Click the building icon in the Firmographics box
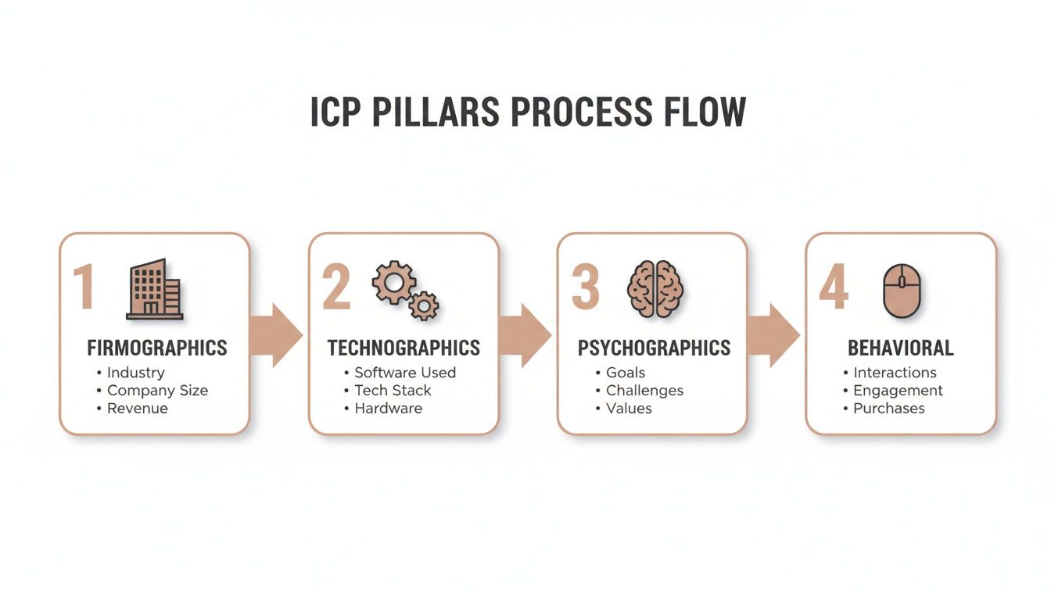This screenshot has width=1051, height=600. point(155,289)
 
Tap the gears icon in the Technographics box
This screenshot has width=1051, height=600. point(405,290)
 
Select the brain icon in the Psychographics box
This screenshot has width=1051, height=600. point(655,288)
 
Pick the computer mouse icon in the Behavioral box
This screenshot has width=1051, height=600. point(902,291)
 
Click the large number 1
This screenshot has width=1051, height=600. point(84,287)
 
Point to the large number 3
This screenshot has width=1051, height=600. point(586,287)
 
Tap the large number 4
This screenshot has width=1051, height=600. point(833,287)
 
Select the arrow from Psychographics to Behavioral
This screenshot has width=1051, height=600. point(773,335)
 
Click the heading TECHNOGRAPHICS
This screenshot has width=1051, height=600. point(404,348)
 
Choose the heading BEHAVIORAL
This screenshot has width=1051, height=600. point(901,348)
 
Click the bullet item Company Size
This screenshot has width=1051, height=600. point(157,391)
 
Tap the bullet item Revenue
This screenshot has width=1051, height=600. point(137,409)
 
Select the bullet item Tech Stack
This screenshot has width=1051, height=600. point(393,391)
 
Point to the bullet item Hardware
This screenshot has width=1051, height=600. point(388,409)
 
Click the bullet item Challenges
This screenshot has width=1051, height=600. point(644,391)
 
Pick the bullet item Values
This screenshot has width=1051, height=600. point(629,409)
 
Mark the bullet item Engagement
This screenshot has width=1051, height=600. point(898,391)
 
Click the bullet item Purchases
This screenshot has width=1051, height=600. point(888,409)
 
